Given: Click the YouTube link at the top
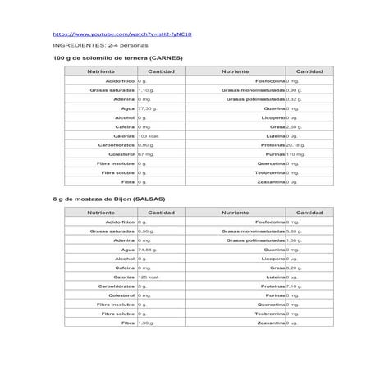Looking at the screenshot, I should [x=126, y=35].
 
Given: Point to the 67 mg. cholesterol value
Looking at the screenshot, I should [x=147, y=153].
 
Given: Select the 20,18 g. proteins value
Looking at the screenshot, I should [x=296, y=144].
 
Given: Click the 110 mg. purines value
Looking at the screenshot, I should [x=295, y=153].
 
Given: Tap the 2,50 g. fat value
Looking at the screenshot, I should [x=294, y=126].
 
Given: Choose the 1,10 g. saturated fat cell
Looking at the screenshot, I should [x=146, y=90].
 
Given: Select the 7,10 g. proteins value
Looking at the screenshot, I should [x=295, y=286].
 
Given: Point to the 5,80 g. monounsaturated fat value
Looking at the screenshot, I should [x=295, y=231].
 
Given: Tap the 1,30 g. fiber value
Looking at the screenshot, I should [x=146, y=323].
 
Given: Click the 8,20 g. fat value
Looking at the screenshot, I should [x=294, y=268].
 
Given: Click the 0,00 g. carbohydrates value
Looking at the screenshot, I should [x=146, y=144].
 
